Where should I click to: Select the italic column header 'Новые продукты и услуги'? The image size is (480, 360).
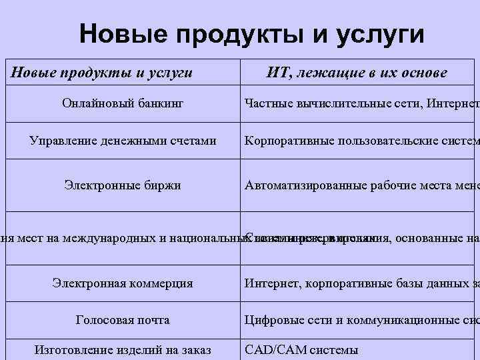click(101, 72)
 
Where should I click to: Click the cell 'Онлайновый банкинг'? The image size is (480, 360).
click(123, 103)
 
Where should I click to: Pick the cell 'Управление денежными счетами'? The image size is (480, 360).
click(123, 141)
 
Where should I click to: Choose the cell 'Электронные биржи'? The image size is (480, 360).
click(123, 185)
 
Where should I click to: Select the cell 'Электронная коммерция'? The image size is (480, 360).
click(123, 283)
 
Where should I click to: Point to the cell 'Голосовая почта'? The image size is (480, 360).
click(123, 320)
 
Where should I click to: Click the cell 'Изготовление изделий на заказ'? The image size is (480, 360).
click(123, 349)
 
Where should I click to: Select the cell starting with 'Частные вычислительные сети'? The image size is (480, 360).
click(360, 103)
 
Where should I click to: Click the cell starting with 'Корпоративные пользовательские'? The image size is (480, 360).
click(360, 141)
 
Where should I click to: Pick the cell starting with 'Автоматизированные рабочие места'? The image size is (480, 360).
click(360, 185)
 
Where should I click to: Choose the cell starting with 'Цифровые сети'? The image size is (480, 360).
click(360, 320)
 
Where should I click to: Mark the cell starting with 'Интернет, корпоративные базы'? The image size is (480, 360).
click(360, 283)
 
